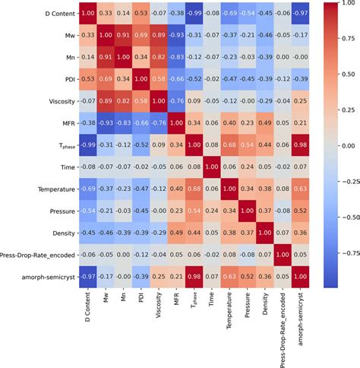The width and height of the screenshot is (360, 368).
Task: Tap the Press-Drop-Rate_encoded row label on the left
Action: [36, 252]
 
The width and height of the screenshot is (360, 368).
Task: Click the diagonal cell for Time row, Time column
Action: [229, 165]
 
